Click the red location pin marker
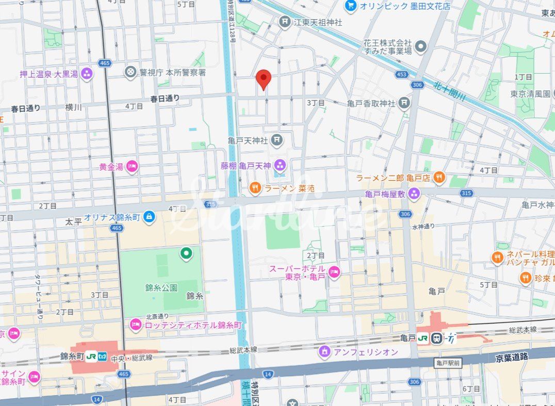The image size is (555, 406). click(264, 79)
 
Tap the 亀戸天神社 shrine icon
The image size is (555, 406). click(277, 140)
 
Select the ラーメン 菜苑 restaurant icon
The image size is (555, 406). click(255, 189)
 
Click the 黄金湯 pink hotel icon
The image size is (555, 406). click(132, 166)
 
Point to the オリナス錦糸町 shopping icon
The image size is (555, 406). click(149, 217)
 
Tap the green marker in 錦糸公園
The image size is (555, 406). click(186, 253)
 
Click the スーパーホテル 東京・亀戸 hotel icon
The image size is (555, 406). click(334, 272)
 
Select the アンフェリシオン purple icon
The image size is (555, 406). click(324, 352)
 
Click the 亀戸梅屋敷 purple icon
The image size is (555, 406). click(414, 194)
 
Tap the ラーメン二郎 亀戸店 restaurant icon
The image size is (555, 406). click(439, 178)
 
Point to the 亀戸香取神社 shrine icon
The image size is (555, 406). click(404, 104)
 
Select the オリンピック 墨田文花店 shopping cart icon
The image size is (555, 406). click(351, 6)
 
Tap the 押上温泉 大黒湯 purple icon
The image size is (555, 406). click(86, 74)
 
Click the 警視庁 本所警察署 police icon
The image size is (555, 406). click(131, 72)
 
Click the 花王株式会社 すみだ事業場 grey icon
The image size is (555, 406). click(421, 47)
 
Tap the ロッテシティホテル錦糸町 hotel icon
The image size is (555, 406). click(136, 325)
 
